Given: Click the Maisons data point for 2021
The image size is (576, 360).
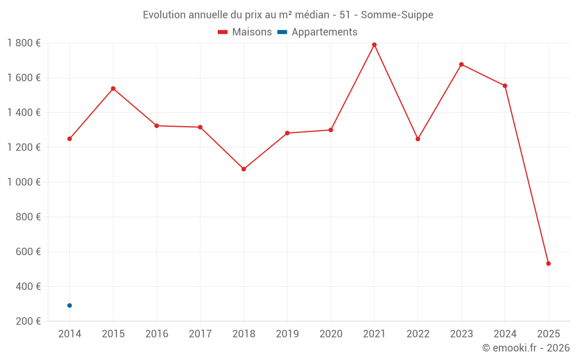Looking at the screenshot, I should [x=374, y=45].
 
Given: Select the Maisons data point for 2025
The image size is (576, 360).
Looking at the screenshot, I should [x=548, y=264].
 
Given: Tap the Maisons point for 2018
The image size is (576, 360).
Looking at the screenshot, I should [x=244, y=169].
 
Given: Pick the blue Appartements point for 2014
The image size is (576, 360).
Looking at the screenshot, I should [x=70, y=305].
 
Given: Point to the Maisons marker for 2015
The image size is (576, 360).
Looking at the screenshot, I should [x=113, y=89].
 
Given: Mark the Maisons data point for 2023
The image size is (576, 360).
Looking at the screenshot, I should [x=461, y=65].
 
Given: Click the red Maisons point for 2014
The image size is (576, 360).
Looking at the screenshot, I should [x=70, y=139].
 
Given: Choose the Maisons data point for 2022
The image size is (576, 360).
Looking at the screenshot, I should [x=418, y=139].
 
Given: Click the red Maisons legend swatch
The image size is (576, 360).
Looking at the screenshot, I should [x=223, y=32].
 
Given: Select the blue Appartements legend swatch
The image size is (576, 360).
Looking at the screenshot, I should [x=282, y=32].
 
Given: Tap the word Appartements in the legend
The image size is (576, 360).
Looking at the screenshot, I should [x=324, y=32].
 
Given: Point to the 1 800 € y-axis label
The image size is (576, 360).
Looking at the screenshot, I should [x=24, y=43].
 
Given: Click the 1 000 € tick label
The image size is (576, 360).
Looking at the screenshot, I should [x=24, y=182].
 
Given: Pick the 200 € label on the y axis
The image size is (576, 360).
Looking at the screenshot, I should [x=27, y=321].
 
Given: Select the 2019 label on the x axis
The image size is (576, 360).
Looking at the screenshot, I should [x=287, y=334].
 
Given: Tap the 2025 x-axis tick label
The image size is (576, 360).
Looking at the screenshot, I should [x=548, y=334].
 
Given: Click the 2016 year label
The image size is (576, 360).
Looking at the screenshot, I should [x=157, y=334].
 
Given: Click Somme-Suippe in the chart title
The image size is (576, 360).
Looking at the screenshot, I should [x=397, y=15].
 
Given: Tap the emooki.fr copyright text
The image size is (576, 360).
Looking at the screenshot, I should [x=526, y=348].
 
